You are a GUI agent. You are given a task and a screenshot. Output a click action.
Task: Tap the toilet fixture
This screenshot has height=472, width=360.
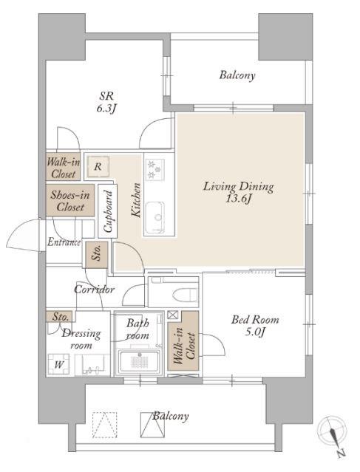click(x=185, y=294)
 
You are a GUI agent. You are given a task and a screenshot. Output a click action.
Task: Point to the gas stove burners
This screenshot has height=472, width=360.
click(x=154, y=170)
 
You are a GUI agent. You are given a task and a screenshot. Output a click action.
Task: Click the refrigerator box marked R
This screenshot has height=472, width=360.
click(x=98, y=166)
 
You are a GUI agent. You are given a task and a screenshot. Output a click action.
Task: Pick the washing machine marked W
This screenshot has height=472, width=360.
click(x=58, y=364)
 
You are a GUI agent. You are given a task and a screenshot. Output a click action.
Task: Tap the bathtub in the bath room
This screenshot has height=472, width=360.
click(x=138, y=361)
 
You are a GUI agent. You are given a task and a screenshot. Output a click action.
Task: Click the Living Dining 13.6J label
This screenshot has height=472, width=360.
click(x=239, y=192)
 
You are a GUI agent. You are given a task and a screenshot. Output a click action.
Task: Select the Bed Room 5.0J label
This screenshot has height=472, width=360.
click(x=255, y=325)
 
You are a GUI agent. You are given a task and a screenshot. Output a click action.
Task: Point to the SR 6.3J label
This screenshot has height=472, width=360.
click(x=106, y=102)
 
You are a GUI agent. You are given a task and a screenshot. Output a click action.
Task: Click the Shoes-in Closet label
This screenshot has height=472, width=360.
click(x=70, y=201)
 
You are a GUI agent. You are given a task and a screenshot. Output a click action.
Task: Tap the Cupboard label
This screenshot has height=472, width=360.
click(x=107, y=211)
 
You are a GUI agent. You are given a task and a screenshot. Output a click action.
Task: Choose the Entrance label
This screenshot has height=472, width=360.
click(x=64, y=242)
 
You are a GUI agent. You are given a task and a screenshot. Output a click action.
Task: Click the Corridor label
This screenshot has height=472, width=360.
click(x=95, y=290)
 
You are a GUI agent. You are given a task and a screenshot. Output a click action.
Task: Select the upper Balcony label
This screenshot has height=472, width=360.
click(x=237, y=75)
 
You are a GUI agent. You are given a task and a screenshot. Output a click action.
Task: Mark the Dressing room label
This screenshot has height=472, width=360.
click(x=81, y=339)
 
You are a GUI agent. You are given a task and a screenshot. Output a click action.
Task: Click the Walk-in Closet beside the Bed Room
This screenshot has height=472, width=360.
click(x=183, y=341)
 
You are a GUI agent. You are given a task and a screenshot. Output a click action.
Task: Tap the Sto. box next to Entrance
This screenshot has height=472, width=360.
click(x=96, y=255)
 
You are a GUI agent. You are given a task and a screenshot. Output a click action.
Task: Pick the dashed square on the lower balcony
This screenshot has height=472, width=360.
click(x=104, y=425)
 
